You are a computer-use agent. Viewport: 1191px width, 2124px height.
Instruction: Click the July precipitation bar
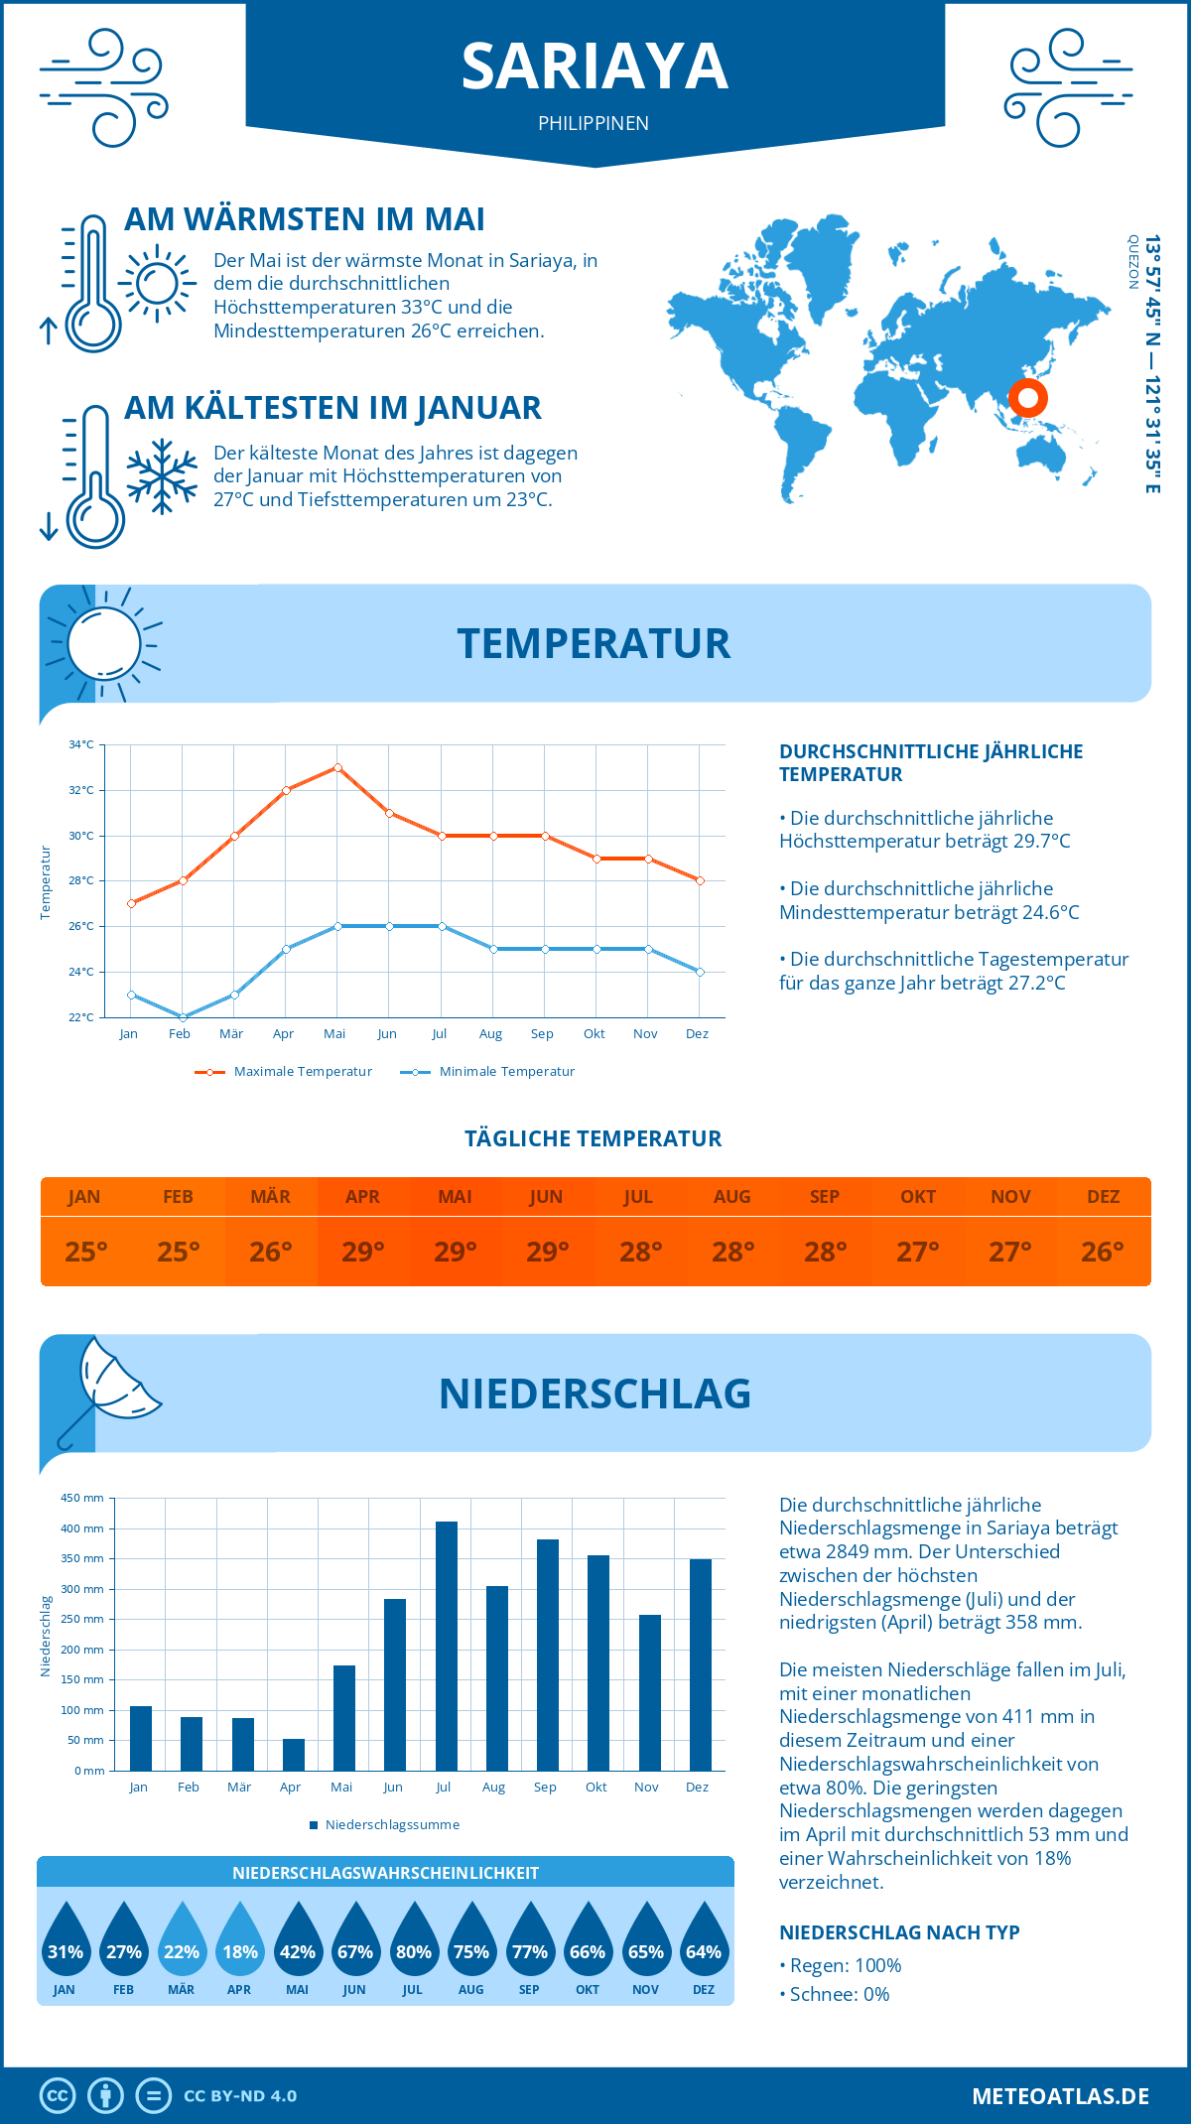point(447,1646)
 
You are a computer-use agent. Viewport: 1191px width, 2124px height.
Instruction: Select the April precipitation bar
point(294,1754)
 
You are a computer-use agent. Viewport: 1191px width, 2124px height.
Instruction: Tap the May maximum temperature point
point(338,767)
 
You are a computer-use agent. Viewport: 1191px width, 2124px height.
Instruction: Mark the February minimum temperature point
point(183,1017)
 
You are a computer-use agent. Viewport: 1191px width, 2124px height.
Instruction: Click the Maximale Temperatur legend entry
point(284,1072)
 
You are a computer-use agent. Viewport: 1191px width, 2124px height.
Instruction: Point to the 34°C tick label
point(81,744)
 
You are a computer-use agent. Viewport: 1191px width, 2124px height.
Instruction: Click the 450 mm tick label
point(83,1498)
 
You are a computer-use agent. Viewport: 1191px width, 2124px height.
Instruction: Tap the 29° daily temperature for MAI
point(456,1252)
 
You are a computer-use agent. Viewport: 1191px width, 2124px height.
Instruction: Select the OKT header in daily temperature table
point(918,1197)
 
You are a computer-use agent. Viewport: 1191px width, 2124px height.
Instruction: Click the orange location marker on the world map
point(1028,398)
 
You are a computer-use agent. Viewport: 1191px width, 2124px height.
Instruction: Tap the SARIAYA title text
point(595,67)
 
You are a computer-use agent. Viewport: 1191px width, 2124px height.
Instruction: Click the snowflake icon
point(162,476)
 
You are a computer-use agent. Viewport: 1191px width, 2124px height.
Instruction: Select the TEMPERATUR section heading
point(594,643)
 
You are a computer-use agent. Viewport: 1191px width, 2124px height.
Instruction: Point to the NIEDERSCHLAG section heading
point(595,1394)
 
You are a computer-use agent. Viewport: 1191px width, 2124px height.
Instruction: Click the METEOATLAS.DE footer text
point(1060,2096)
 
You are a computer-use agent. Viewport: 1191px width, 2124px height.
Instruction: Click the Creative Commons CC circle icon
point(58,2096)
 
